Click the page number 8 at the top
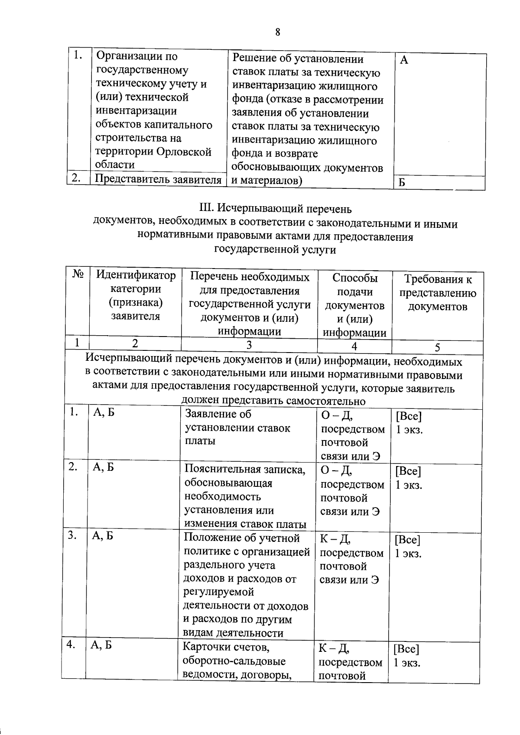[277, 32]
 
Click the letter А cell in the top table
[404, 61]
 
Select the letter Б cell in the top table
[402, 183]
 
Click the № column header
[78, 274]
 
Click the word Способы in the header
[355, 278]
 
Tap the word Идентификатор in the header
[136, 275]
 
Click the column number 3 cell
[249, 345]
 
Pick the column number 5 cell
[437, 347]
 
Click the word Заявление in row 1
[212, 414]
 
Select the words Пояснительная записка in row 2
[245, 469]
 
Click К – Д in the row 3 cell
[335, 539]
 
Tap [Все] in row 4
[406, 649]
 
